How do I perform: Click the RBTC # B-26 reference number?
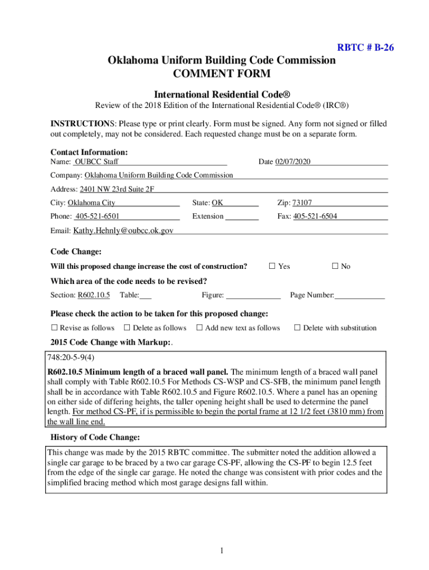(365, 47)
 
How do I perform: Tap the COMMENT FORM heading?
(222, 73)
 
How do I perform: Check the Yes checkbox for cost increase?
(272, 266)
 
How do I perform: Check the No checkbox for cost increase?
(335, 266)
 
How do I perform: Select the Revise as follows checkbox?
(55, 328)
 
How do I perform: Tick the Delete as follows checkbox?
(127, 328)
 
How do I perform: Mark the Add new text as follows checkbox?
(199, 328)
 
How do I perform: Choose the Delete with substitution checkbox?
(298, 328)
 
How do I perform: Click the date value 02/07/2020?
(292, 162)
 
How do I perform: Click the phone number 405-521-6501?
(97, 216)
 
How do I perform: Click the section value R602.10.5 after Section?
(94, 295)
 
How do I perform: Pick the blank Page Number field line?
(359, 296)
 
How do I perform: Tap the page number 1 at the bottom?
(221, 551)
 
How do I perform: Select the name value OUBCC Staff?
(96, 162)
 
